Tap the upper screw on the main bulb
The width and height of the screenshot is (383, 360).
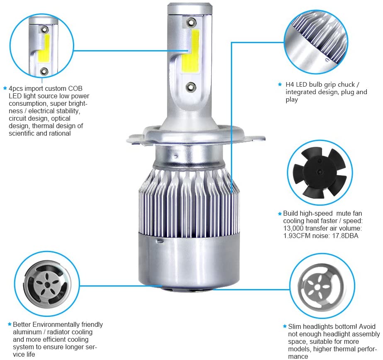pos(191,22)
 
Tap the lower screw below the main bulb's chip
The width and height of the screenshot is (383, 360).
pos(191,86)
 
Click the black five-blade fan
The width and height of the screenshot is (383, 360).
pos(320,172)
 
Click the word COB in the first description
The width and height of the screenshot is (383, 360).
pos(75,88)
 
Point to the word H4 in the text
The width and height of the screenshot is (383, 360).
pos(290,85)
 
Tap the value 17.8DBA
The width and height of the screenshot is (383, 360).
pos(345,236)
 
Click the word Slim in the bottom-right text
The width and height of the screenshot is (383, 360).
pos(295,326)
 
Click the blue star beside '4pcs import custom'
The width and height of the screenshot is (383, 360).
pos(5,88)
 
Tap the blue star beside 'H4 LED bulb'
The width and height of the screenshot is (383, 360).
pos(280,85)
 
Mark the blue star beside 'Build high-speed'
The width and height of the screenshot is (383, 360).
pos(280,214)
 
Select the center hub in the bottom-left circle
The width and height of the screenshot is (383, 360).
pos(46,285)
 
